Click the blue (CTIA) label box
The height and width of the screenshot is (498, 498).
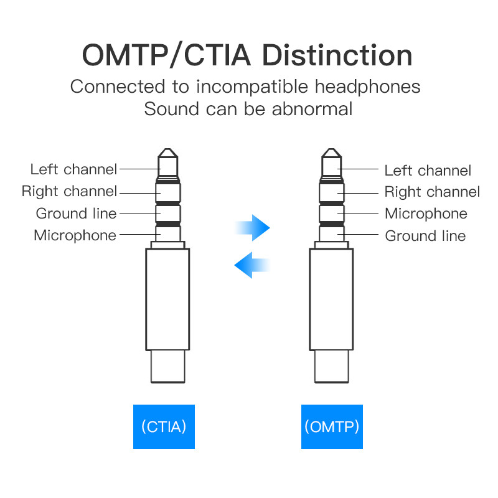point(164,426)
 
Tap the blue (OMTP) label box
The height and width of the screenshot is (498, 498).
point(332,426)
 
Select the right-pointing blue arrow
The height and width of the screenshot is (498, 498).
point(253,228)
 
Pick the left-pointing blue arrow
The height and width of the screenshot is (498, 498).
point(252,265)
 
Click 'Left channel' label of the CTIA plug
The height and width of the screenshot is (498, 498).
point(73,169)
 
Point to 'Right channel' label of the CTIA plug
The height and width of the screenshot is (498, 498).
point(70,192)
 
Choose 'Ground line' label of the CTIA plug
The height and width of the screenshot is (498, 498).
point(76,214)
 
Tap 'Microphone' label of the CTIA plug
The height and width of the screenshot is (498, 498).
point(75,236)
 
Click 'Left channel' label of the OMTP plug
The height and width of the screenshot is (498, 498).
point(428,171)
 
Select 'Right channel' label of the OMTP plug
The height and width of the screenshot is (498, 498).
point(432,192)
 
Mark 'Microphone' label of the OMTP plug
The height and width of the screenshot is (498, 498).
point(426,214)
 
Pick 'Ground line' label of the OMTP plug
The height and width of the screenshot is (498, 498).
point(425,236)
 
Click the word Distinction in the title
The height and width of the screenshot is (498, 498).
point(337,55)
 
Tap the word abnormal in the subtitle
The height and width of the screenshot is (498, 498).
point(312,109)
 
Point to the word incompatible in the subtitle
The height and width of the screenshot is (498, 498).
point(252,87)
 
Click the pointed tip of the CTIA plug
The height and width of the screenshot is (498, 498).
point(167,149)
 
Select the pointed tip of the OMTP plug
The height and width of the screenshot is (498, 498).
point(332,149)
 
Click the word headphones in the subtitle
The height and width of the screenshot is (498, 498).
point(367,87)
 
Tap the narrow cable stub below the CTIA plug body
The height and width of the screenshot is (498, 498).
point(167,367)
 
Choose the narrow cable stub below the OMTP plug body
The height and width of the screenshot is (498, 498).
point(332,367)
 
